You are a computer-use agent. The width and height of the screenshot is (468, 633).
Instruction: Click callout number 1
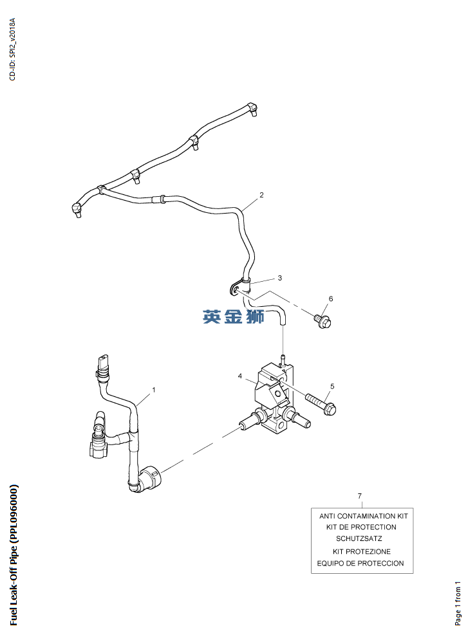(154, 390)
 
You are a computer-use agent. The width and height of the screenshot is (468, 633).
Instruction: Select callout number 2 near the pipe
(261, 195)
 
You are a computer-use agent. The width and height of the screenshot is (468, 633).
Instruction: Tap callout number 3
(279, 278)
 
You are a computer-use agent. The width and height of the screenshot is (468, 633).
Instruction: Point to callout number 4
(239, 376)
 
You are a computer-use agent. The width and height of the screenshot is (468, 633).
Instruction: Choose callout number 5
(332, 387)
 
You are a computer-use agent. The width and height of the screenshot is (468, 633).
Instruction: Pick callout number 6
(331, 298)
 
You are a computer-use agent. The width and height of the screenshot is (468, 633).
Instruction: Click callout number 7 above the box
(360, 496)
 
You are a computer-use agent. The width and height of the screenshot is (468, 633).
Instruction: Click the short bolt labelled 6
(322, 322)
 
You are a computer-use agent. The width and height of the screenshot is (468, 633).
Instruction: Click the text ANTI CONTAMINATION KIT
(363, 516)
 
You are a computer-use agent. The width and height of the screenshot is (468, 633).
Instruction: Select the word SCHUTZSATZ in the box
(359, 538)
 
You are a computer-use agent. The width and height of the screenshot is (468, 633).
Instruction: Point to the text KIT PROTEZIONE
(362, 551)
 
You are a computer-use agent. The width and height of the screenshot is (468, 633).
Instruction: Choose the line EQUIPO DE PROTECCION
(360, 563)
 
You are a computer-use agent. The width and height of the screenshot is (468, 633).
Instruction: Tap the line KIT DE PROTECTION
(361, 527)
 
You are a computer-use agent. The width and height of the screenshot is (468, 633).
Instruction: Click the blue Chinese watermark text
(233, 316)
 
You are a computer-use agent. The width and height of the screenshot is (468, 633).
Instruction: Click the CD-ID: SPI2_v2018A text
(12, 49)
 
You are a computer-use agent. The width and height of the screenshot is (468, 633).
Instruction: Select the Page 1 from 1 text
(458, 603)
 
